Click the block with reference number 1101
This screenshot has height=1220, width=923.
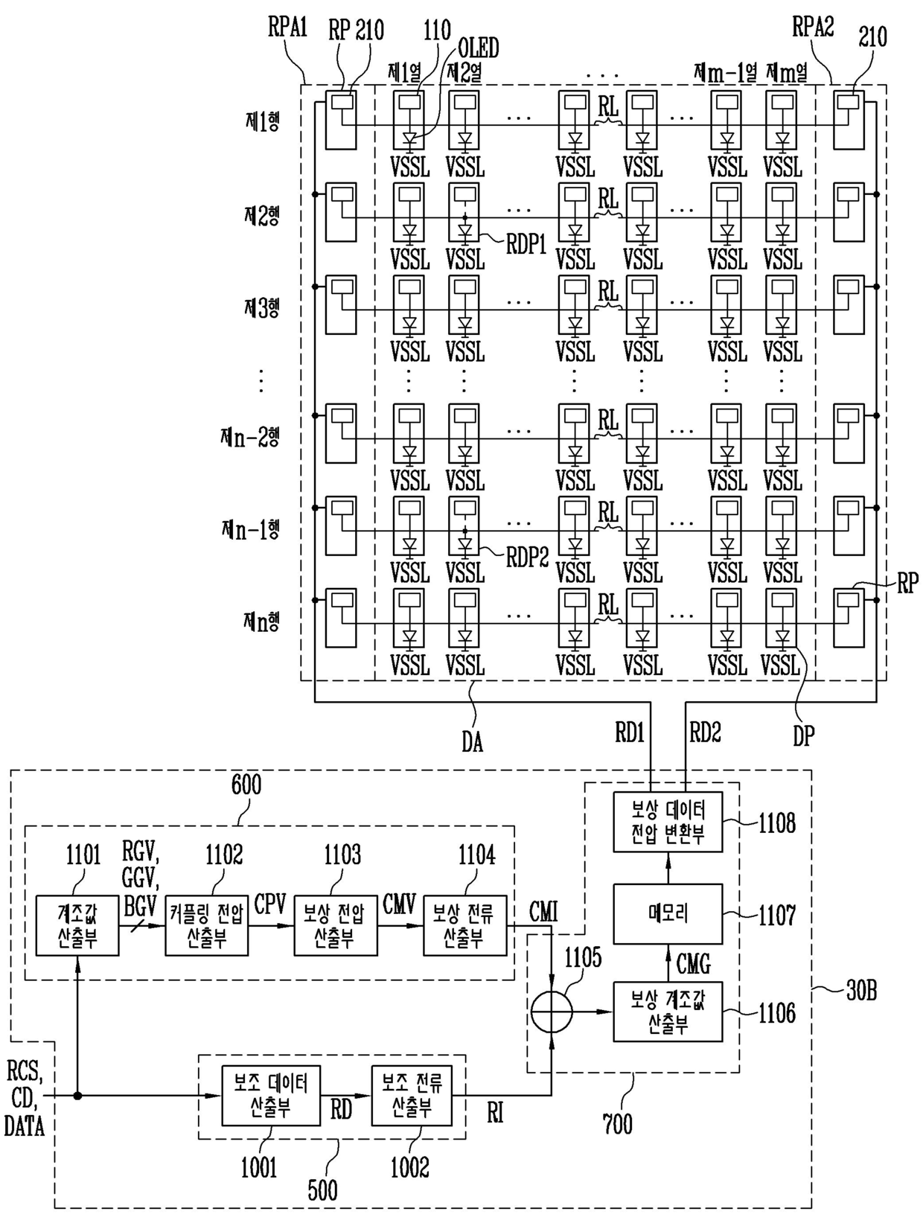[77, 925]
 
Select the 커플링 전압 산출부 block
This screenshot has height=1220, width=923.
[207, 925]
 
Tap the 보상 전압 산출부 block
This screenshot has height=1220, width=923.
[335, 925]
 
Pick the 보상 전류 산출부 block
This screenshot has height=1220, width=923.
[465, 925]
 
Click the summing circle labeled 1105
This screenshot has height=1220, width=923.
[552, 1012]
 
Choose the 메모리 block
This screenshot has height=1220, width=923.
[668, 914]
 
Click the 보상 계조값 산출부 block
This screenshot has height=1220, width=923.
[668, 1012]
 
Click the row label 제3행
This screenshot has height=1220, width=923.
[262, 307]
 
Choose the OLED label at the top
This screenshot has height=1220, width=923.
[478, 48]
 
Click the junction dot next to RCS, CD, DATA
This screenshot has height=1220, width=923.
[78, 1096]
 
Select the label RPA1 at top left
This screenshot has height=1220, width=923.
[287, 27]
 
